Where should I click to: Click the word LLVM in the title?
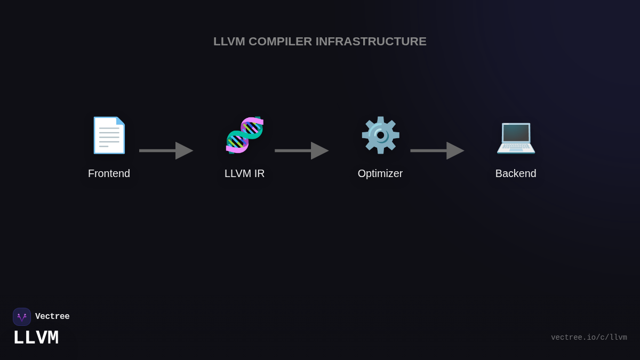click(x=229, y=42)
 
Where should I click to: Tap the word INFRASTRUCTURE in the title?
click(x=371, y=42)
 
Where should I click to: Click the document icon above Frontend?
click(x=109, y=135)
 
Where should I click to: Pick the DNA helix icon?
click(x=245, y=135)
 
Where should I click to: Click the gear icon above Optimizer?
click(x=380, y=135)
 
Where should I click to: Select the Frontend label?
click(x=109, y=173)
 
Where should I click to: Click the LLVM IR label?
click(x=245, y=173)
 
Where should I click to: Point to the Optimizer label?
click(x=380, y=173)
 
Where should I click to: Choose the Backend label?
click(x=516, y=173)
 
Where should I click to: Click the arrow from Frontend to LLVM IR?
click(x=166, y=150)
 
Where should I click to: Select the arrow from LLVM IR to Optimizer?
click(x=301, y=150)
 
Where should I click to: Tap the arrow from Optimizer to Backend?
click(x=437, y=150)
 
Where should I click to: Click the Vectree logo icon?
click(x=22, y=317)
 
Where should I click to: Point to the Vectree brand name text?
click(x=52, y=317)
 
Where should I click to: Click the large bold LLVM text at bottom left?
click(x=36, y=338)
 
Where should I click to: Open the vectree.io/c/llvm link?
click(x=589, y=338)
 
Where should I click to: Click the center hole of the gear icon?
click(x=380, y=135)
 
